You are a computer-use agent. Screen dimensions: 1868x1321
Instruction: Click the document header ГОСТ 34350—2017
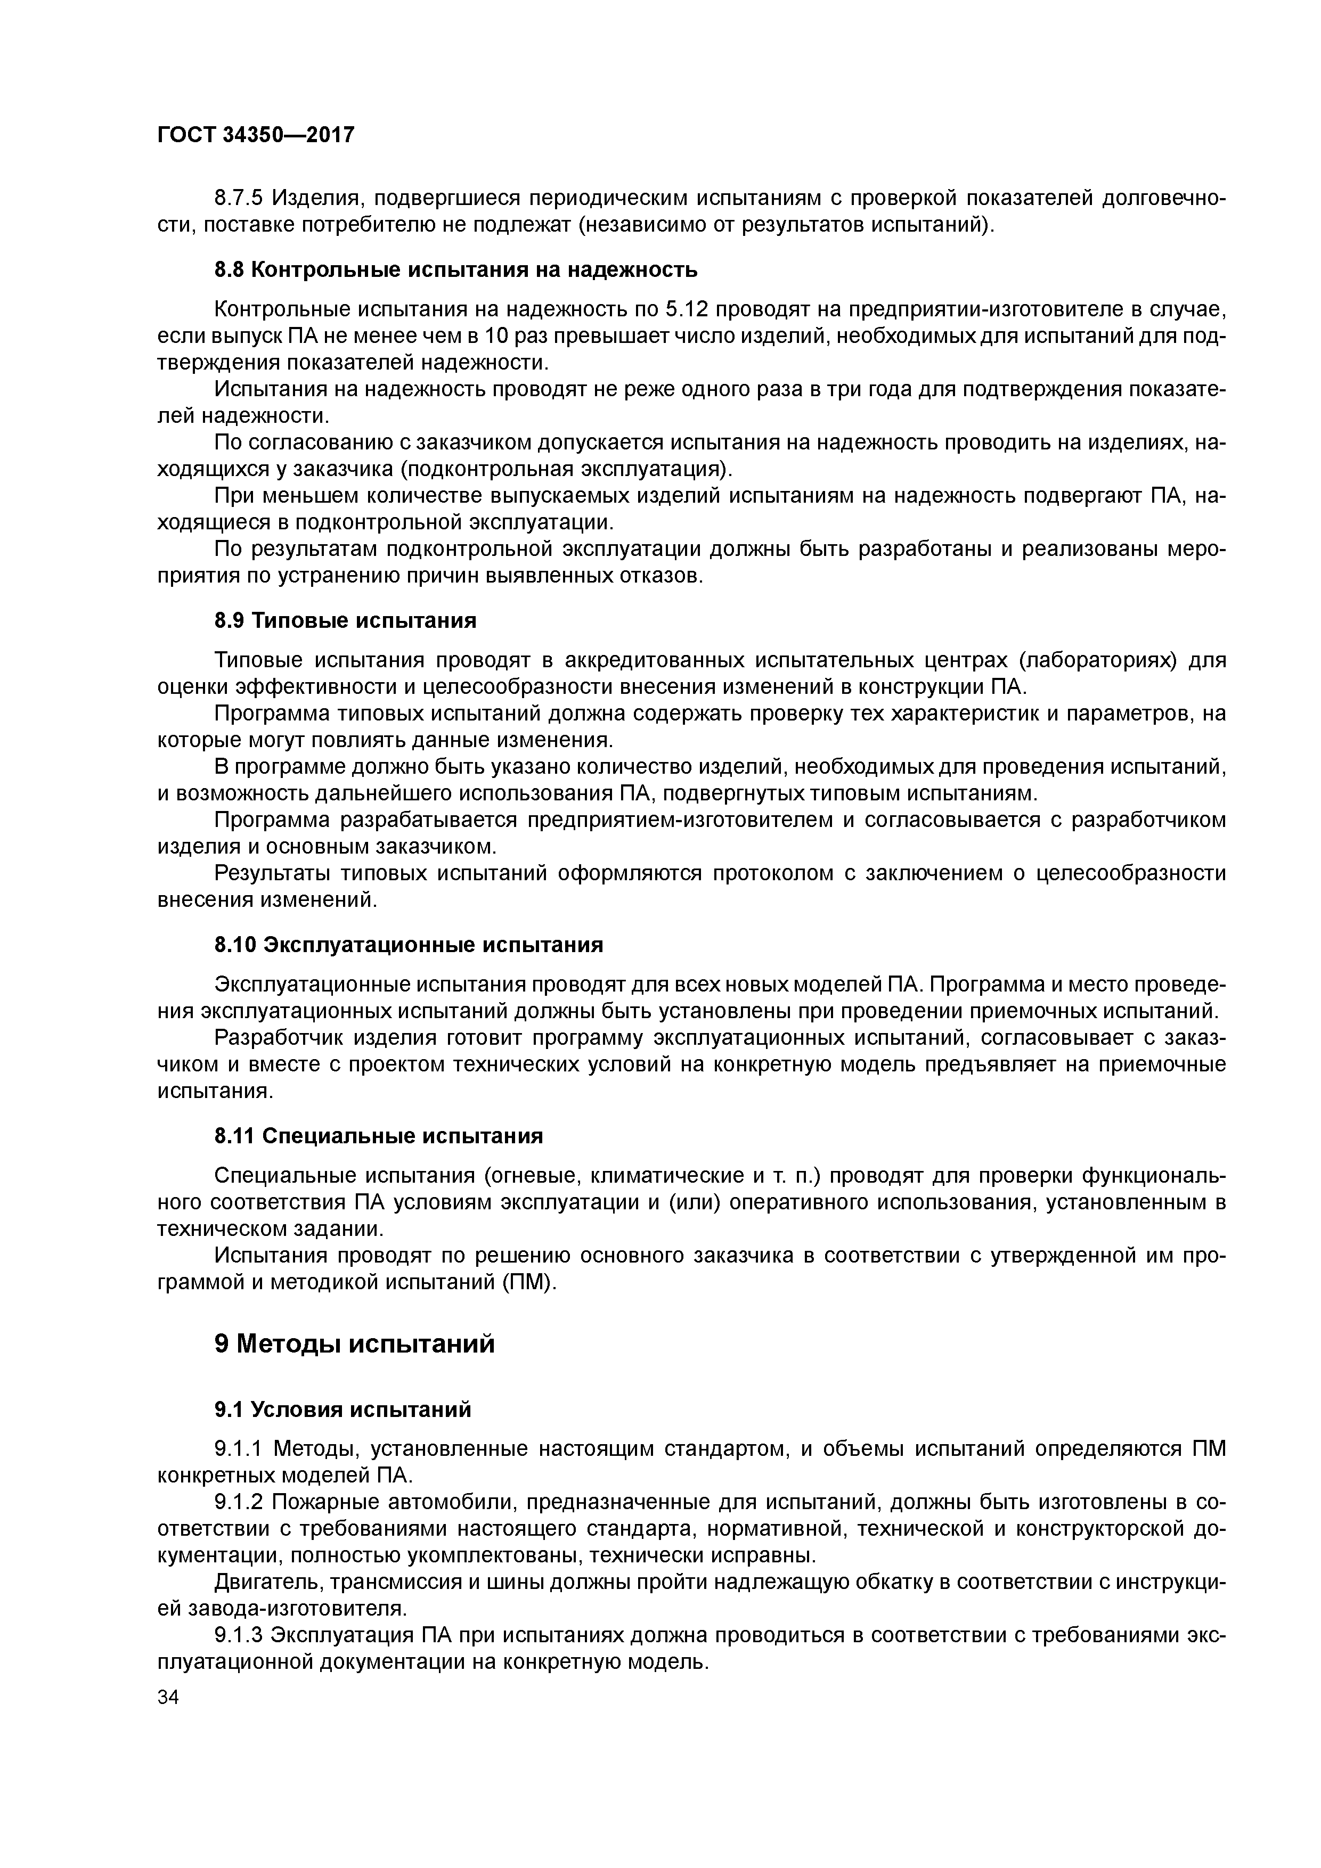pos(256,134)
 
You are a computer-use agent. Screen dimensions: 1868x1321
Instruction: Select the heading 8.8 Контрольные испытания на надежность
pos(456,269)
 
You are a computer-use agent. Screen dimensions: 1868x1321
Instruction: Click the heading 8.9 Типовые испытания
pos(345,621)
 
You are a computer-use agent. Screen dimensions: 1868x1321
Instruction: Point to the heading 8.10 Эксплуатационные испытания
pos(409,945)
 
